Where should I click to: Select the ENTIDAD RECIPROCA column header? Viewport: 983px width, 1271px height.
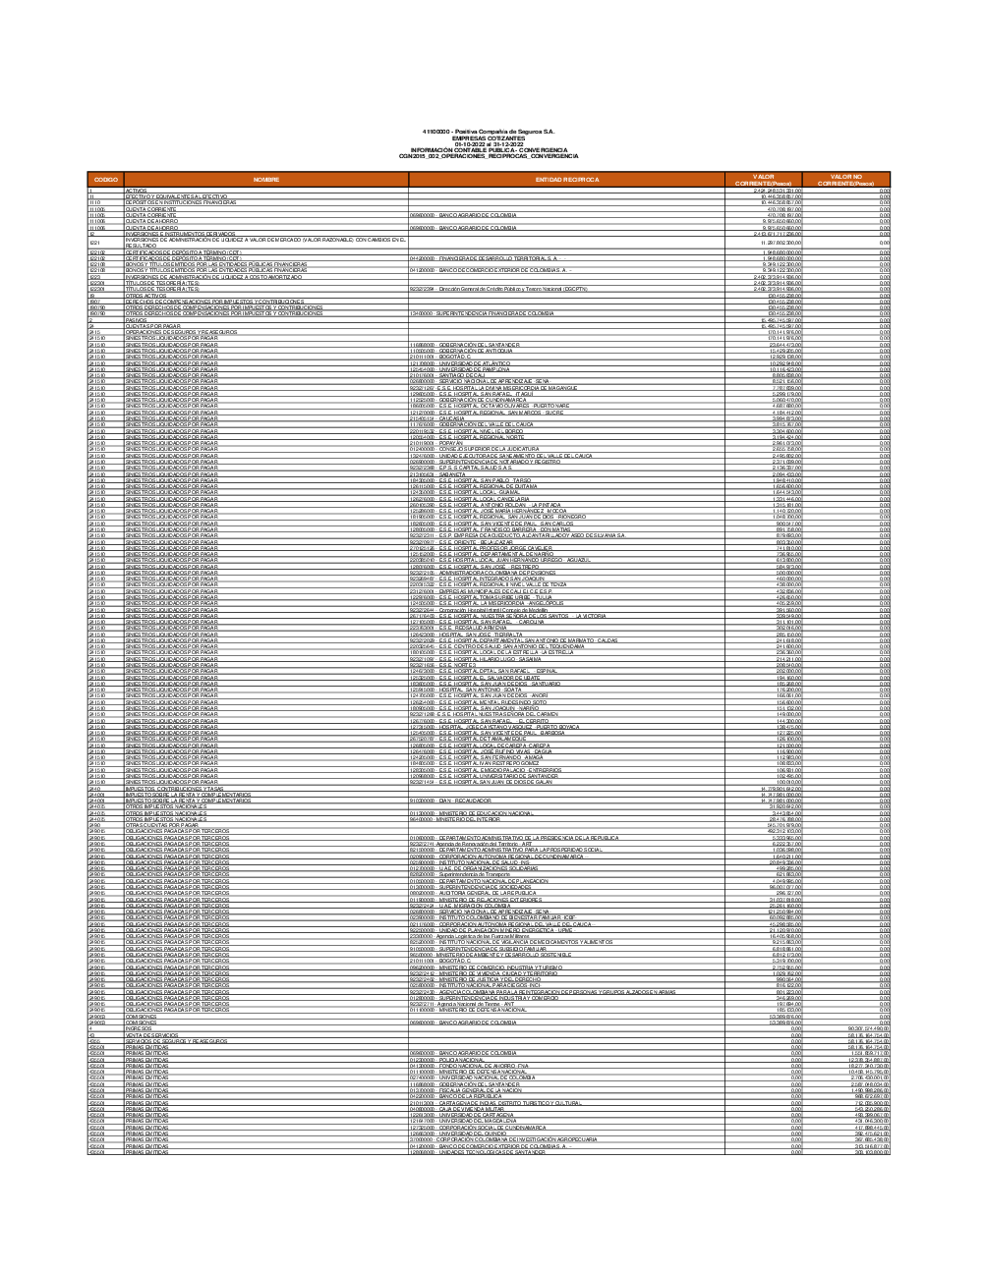click(566, 180)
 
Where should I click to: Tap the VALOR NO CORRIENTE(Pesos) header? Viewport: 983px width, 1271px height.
click(846, 180)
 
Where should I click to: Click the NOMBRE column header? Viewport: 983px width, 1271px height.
click(266, 180)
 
